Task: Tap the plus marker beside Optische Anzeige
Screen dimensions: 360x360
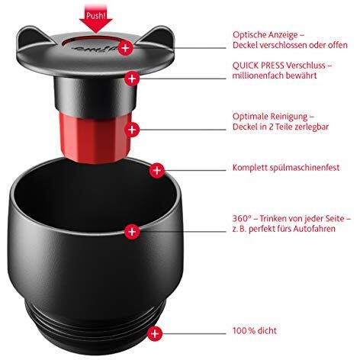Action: pyautogui.click(x=125, y=47)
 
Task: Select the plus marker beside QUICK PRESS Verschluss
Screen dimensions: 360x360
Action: pyautogui.click(x=133, y=78)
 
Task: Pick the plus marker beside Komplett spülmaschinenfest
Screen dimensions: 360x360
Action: pyautogui.click(x=157, y=169)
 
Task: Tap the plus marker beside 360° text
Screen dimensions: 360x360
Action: pyautogui.click(x=132, y=230)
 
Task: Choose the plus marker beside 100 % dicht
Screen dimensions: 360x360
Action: pyautogui.click(x=156, y=333)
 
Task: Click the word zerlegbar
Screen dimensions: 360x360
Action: pyautogui.click(x=314, y=128)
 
